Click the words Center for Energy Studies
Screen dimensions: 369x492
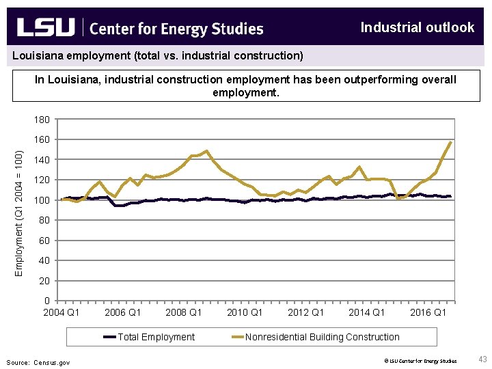pyautogui.click(x=176, y=29)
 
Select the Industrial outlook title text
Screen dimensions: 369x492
pyautogui.click(x=417, y=27)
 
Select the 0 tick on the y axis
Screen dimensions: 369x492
pyautogui.click(x=46, y=301)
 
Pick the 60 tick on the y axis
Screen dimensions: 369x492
pyautogui.click(x=43, y=241)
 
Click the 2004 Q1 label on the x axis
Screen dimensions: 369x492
pyautogui.click(x=61, y=312)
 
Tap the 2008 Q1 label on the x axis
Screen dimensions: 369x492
pyautogui.click(x=184, y=312)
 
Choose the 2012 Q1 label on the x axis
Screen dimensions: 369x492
pyautogui.click(x=305, y=312)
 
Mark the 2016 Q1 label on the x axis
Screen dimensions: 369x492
pyautogui.click(x=428, y=312)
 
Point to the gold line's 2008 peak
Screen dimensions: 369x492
pyautogui.click(x=206, y=151)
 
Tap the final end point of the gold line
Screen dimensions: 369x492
pyautogui.click(x=450, y=142)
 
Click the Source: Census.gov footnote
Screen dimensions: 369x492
pyautogui.click(x=38, y=362)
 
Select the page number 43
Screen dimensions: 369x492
pyautogui.click(x=482, y=359)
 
